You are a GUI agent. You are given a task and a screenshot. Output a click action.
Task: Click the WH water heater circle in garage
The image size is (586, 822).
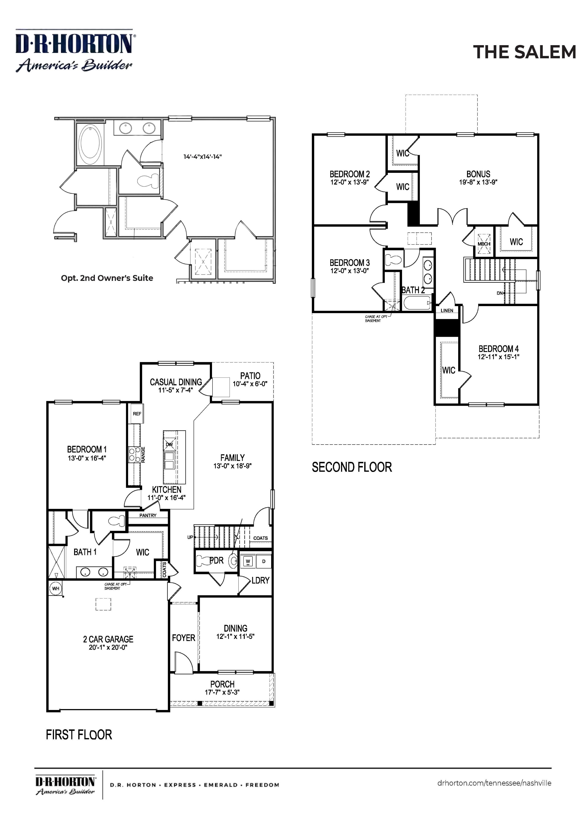[56, 588]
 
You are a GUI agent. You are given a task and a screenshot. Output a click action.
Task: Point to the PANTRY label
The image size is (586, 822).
[148, 515]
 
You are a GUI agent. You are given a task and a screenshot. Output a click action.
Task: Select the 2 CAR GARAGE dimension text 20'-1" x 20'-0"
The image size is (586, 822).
[108, 647]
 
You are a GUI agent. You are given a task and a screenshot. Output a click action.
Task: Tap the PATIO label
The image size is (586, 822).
[250, 376]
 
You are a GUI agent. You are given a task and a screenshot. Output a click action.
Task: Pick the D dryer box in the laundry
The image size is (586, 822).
[264, 561]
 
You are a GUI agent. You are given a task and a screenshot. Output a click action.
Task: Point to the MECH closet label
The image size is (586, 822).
[484, 244]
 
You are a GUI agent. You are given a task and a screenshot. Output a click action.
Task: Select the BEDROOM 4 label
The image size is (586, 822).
[498, 349]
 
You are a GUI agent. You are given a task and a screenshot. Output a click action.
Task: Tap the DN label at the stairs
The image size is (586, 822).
[500, 293]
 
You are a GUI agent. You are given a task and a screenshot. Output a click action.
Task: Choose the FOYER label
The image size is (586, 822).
[183, 638]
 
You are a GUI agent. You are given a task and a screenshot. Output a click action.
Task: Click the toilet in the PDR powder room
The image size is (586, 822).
[203, 561]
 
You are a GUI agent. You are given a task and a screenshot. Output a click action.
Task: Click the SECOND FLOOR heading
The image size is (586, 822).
[352, 467]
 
